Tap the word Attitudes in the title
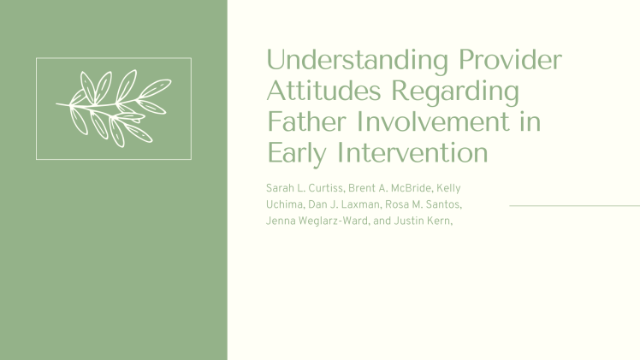[326, 91]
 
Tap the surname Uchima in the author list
[287, 205]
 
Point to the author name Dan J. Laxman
[349, 205]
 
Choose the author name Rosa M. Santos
[429, 205]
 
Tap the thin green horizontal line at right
[574, 206]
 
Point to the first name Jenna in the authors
[282, 222]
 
